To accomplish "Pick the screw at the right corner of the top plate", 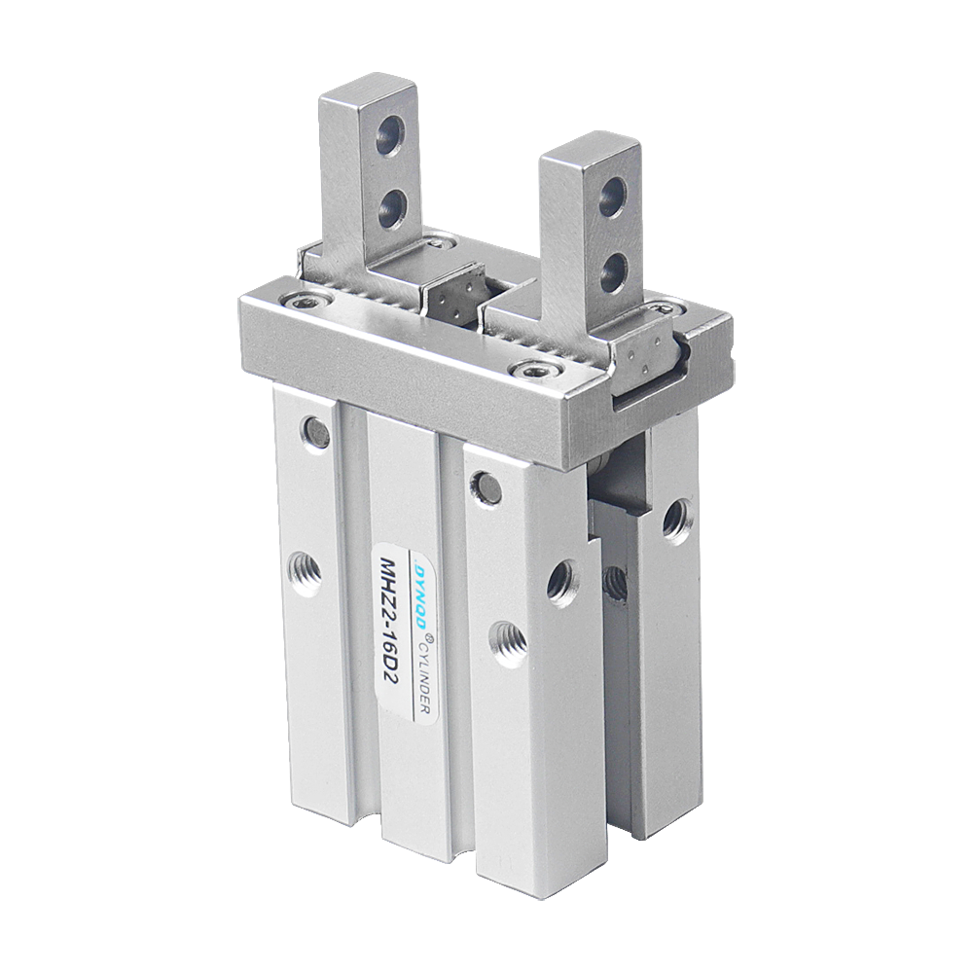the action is (667, 308).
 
